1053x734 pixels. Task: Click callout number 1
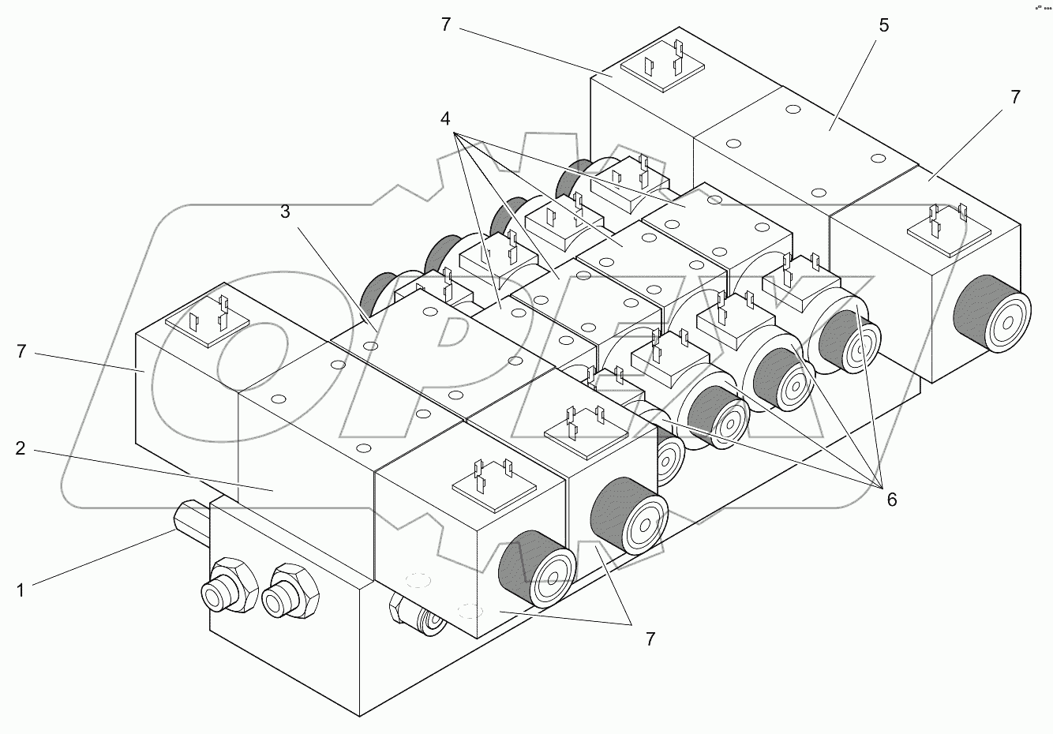pos(21,589)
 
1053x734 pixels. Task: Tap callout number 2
pos(21,448)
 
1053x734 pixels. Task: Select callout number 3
pos(286,212)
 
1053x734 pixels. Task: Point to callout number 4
pos(446,119)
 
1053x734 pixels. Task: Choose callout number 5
pos(883,25)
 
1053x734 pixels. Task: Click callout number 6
pos(891,499)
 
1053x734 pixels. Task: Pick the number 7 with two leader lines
pos(650,639)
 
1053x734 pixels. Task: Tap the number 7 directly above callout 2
pos(21,351)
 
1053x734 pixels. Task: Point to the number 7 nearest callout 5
pos(1015,97)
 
